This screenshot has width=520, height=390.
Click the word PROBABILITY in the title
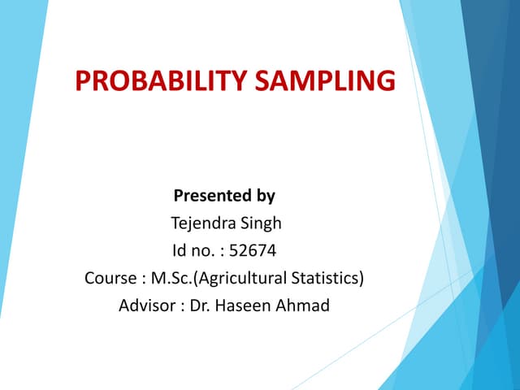[x=157, y=82]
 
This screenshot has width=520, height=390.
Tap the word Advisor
[x=145, y=306]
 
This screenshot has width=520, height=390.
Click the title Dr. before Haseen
[x=197, y=306]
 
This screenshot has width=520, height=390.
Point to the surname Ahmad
[x=301, y=306]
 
